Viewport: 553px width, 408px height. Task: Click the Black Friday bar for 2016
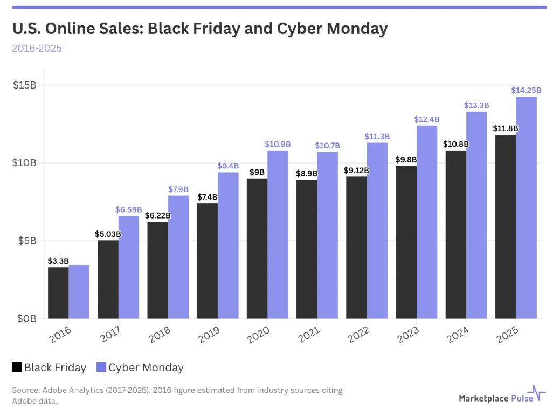coord(58,293)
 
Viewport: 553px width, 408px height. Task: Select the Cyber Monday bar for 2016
coord(79,291)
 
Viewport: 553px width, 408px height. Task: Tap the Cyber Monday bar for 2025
coord(527,208)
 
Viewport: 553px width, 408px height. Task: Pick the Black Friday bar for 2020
coord(257,248)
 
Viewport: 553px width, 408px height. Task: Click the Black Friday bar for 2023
coord(406,242)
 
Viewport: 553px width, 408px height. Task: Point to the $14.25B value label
coord(526,90)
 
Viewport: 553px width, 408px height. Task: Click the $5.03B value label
coord(108,234)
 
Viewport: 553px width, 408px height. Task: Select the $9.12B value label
coord(356,171)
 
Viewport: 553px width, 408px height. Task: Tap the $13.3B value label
coord(476,105)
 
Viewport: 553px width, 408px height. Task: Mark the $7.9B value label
coord(178,189)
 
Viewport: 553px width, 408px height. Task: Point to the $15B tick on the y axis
coord(25,85)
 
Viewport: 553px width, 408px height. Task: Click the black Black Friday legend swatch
coord(17,368)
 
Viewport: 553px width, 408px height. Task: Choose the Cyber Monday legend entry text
coord(146,368)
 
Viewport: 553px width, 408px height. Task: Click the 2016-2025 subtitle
coord(37,48)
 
